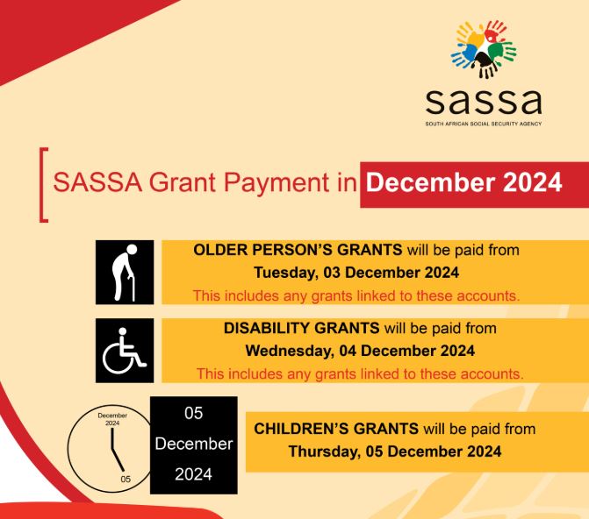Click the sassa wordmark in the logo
[x=484, y=103]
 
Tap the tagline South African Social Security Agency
[x=484, y=125]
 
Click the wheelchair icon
[x=125, y=351]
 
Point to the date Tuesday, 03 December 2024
[x=356, y=272]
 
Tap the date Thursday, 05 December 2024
[x=395, y=452]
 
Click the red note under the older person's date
[x=356, y=295]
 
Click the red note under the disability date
[x=360, y=373]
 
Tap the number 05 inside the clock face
[x=126, y=480]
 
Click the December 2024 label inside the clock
[x=112, y=419]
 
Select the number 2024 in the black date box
[x=193, y=475]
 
